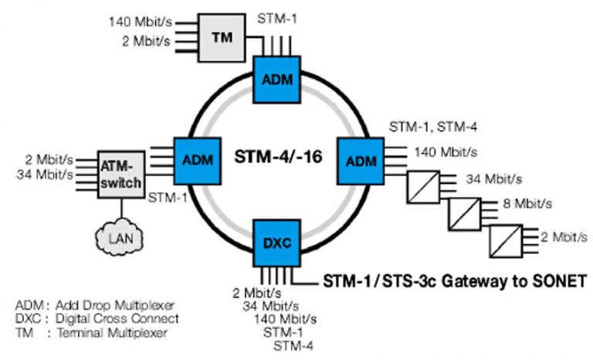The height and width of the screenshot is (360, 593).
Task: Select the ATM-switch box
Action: [122, 171]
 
